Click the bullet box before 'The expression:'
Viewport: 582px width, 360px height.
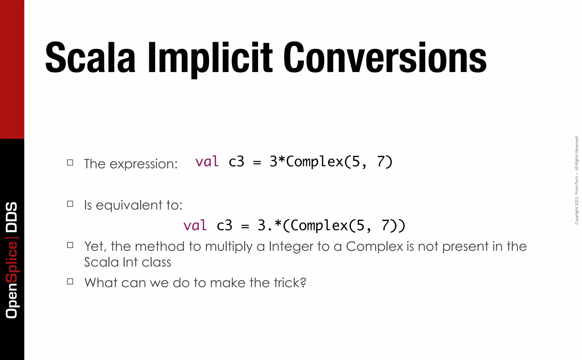pos(70,163)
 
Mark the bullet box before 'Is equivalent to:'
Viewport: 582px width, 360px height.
pos(70,204)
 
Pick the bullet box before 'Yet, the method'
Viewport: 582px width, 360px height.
pos(70,245)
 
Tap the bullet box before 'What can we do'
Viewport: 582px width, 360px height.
pos(70,282)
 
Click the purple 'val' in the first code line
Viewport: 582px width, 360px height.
pos(207,162)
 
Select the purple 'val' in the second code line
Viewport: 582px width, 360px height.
pos(195,225)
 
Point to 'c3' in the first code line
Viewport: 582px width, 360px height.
pos(236,162)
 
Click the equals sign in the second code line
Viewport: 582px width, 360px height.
pos(245,226)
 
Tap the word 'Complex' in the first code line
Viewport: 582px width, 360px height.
pos(315,162)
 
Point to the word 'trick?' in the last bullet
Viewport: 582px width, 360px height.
pos(290,283)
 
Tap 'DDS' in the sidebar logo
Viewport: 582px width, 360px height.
pos(12,217)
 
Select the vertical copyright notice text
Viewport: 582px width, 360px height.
pos(576,180)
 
